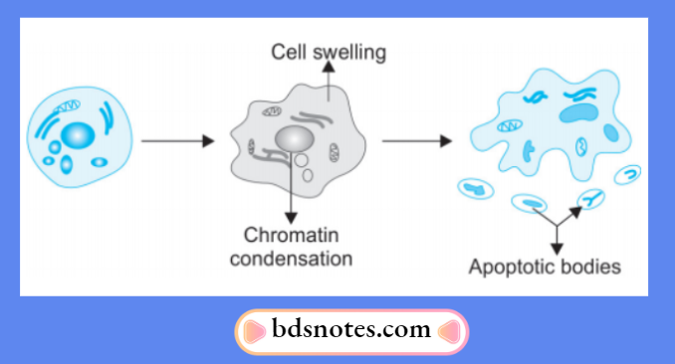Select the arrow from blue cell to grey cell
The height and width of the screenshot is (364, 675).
[177, 141]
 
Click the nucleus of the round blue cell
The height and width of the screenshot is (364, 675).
[78, 133]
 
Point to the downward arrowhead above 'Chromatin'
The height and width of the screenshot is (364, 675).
[291, 217]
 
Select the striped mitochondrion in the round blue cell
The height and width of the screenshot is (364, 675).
[68, 102]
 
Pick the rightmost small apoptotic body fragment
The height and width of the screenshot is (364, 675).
[628, 175]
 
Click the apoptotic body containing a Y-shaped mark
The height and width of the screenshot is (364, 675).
[592, 199]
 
